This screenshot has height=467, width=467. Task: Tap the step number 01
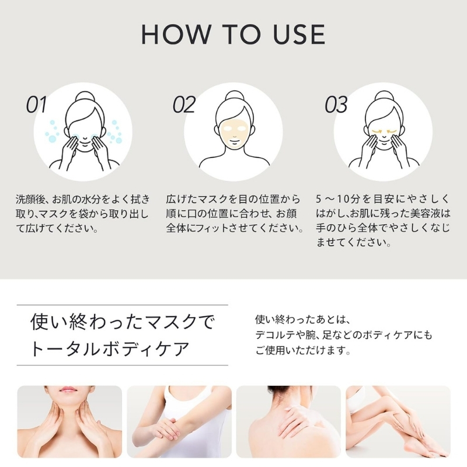point(37,105)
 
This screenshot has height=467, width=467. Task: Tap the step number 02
point(184,105)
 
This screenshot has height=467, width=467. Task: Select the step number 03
point(336,105)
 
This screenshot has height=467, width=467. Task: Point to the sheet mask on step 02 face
point(233,134)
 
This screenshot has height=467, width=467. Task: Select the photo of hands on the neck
point(69,421)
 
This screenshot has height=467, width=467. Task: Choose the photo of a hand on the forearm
point(179,421)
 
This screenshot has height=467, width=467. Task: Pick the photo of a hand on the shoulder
point(288,421)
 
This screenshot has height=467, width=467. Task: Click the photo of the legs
point(398,421)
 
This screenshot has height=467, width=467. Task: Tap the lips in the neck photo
point(69,389)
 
